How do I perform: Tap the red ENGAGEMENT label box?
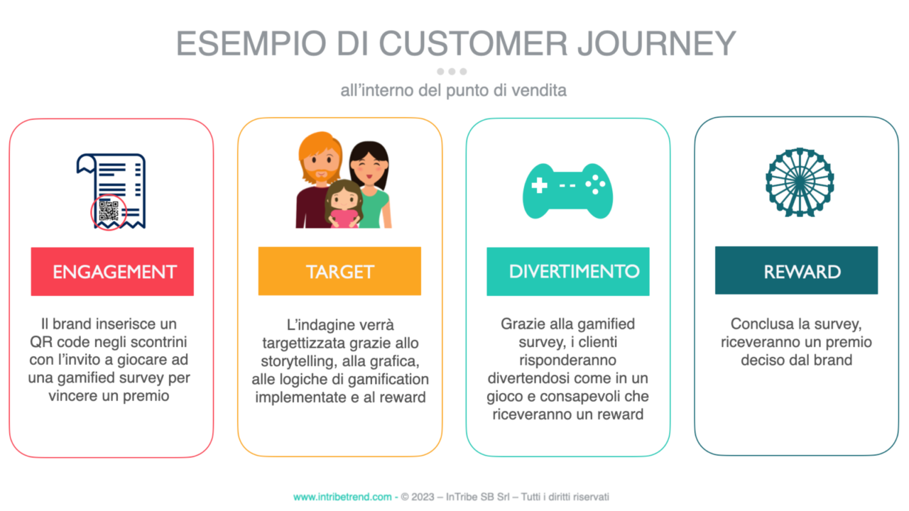point(112,271)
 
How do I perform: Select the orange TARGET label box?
point(339,271)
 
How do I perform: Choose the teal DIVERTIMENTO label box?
point(567,271)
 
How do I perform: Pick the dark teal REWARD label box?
point(796,271)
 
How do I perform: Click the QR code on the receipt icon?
point(109,211)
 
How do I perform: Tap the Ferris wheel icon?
point(799,182)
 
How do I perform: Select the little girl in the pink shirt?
point(344,206)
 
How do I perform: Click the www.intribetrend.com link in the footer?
point(342,497)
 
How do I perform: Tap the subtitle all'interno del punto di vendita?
point(453,91)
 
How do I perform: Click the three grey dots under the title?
point(452,71)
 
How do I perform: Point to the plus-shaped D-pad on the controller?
point(540,186)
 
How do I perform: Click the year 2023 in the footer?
point(423,497)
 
